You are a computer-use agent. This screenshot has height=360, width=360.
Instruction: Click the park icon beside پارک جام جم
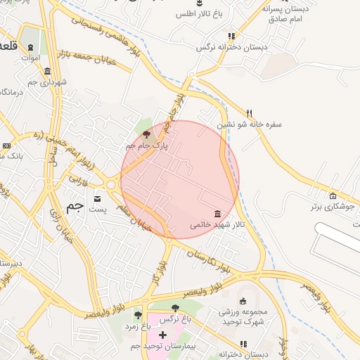(146, 134)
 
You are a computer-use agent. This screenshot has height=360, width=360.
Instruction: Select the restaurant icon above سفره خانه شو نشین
(249, 112)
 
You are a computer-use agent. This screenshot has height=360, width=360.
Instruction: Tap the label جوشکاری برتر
(333, 207)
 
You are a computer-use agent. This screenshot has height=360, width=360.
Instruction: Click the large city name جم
(75, 206)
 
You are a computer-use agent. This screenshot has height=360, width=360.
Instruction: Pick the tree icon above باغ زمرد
(138, 314)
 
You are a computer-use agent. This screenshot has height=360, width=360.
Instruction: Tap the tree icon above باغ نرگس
(175, 307)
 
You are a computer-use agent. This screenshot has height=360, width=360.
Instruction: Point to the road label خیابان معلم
(132, 217)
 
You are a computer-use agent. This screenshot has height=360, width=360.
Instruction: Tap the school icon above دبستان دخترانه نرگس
(231, 37)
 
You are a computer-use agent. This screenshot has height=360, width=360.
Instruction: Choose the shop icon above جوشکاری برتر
(333, 195)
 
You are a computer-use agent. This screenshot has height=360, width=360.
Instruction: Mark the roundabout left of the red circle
(111, 185)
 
